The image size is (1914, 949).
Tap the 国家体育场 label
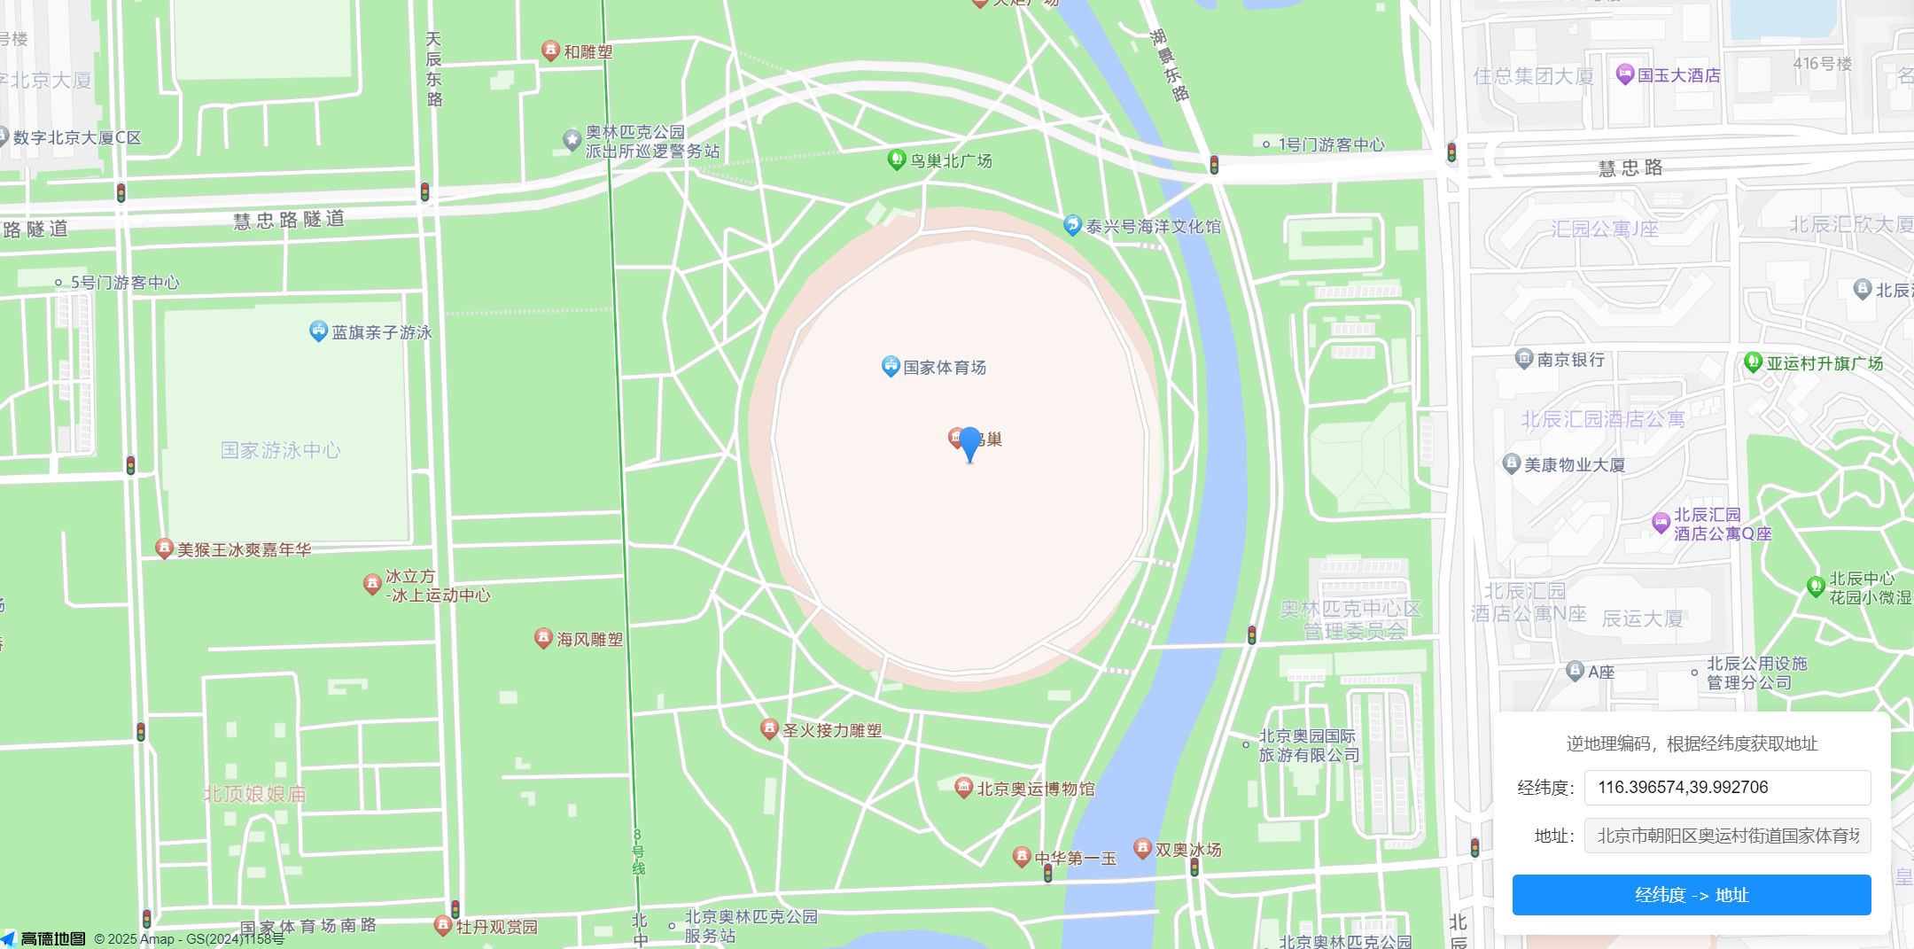coord(944,368)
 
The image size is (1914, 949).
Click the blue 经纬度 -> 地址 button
coord(1691,895)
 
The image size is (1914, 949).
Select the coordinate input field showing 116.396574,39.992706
coord(1726,788)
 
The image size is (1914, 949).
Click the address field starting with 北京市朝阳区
coord(1726,836)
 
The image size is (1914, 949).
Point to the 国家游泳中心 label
coord(280,451)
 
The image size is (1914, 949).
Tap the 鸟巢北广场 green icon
coord(897,159)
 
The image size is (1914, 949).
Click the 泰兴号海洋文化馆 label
coord(1153,227)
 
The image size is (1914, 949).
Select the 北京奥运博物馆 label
coord(1035,790)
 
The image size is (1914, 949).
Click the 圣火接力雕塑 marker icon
coord(769,728)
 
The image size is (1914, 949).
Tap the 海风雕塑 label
coord(589,640)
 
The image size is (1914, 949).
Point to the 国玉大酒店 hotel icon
coord(1624,74)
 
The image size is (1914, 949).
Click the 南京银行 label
coord(1570,360)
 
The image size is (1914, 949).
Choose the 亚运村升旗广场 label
coord(1825,363)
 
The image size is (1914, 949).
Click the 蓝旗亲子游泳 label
coord(381,333)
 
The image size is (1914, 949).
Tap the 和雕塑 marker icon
coord(550,50)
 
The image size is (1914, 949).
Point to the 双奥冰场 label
coord(1187,850)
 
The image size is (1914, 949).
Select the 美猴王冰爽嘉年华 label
coord(244,550)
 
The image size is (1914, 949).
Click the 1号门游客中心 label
coord(1331,144)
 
